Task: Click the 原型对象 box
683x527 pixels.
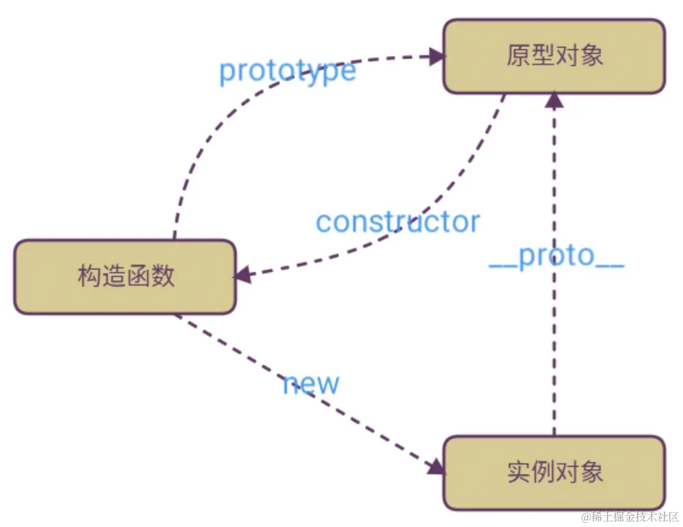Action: click(554, 56)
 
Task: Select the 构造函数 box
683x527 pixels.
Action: click(125, 277)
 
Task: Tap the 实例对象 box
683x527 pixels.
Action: click(554, 472)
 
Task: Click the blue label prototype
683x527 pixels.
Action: click(287, 71)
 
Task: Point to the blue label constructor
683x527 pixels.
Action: click(397, 222)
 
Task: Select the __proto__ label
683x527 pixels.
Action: click(556, 257)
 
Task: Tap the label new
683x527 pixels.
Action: click(311, 384)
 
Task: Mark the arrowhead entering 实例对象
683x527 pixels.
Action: click(435, 466)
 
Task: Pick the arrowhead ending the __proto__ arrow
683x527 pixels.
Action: click(554, 100)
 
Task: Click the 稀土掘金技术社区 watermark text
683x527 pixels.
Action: click(635, 516)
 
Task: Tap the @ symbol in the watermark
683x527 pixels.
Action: click(586, 517)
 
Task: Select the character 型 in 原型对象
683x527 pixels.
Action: click(543, 56)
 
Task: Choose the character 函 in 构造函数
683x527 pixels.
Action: click(138, 277)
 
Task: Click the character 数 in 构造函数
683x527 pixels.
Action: click(162, 277)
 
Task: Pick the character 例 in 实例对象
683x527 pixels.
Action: click(543, 472)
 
